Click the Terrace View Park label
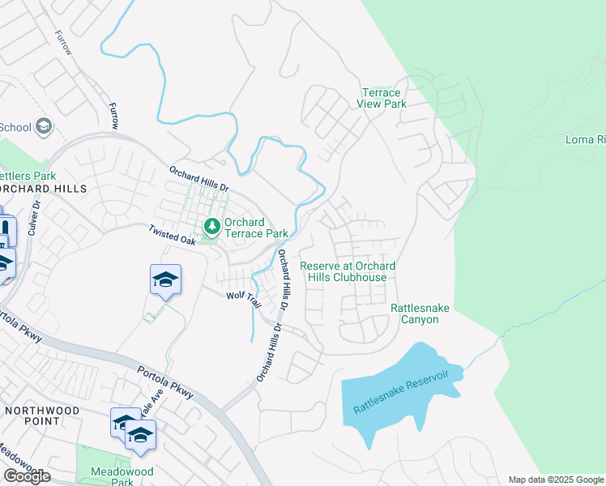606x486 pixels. click(382, 98)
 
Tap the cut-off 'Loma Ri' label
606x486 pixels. click(585, 139)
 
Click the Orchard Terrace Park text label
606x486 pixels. click(256, 228)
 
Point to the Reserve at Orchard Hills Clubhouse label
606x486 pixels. click(348, 271)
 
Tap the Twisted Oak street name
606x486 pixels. click(172, 235)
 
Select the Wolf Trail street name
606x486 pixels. click(243, 299)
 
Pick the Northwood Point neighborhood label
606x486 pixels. click(42, 416)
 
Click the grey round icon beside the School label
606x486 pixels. click(44, 126)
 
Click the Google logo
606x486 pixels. click(27, 475)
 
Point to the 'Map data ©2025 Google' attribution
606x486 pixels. click(556, 480)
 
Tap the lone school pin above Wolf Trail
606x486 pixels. click(166, 280)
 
